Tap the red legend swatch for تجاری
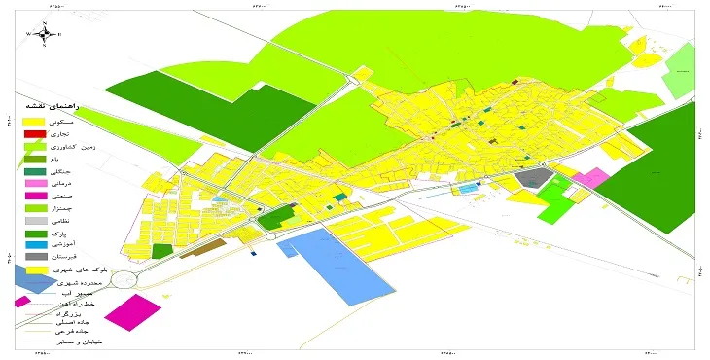click(x=35, y=132)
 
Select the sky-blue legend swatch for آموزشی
click(x=35, y=247)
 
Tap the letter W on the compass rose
click(x=28, y=35)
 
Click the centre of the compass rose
click(x=44, y=35)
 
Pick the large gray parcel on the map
click(x=532, y=179)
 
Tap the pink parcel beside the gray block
click(x=590, y=178)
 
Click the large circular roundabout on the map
click(x=124, y=280)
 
